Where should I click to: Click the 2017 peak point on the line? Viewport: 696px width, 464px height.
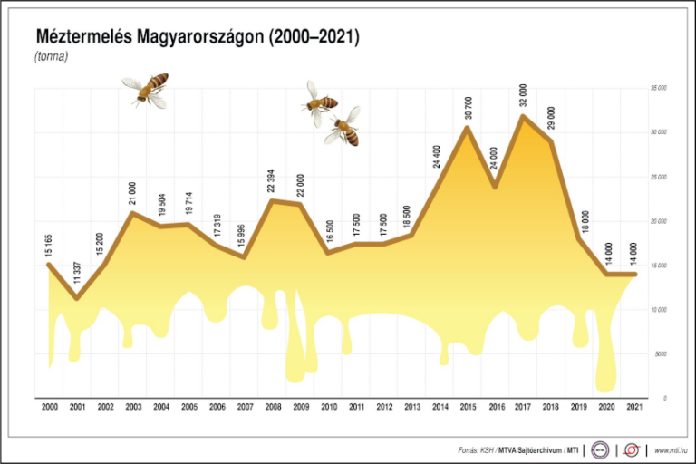[523, 115]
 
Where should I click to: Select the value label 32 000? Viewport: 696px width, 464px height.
[523, 95]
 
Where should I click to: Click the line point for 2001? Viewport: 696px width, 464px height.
[77, 298]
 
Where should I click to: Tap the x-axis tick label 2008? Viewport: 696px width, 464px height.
[271, 408]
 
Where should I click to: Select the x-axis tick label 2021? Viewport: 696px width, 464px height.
[634, 408]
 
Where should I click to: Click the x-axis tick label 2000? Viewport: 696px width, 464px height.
[49, 408]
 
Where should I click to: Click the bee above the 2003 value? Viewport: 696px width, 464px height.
[147, 89]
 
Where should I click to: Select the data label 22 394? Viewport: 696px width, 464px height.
[271, 181]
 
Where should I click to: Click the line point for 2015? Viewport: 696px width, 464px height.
[467, 127]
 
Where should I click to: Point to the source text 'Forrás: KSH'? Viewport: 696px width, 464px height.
[474, 449]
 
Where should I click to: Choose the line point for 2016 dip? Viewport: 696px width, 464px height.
[495, 187]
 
